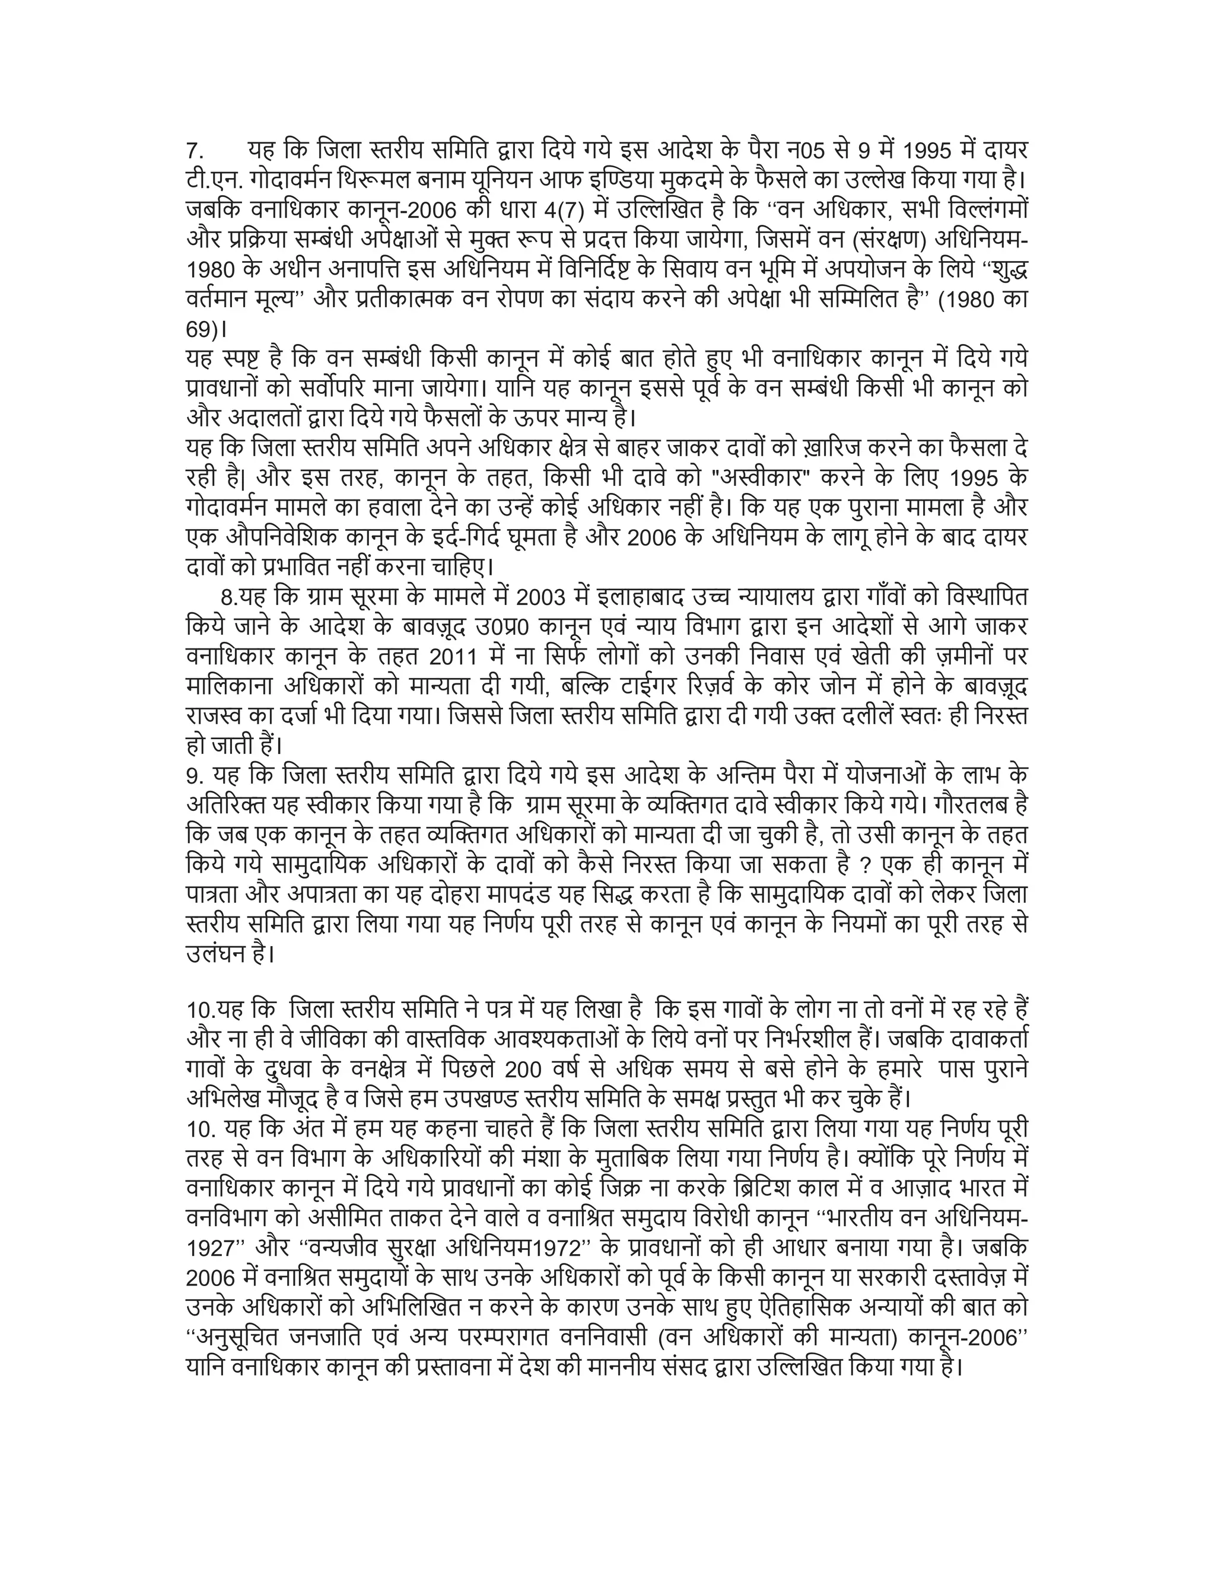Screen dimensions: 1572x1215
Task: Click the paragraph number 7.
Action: [x=195, y=152]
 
